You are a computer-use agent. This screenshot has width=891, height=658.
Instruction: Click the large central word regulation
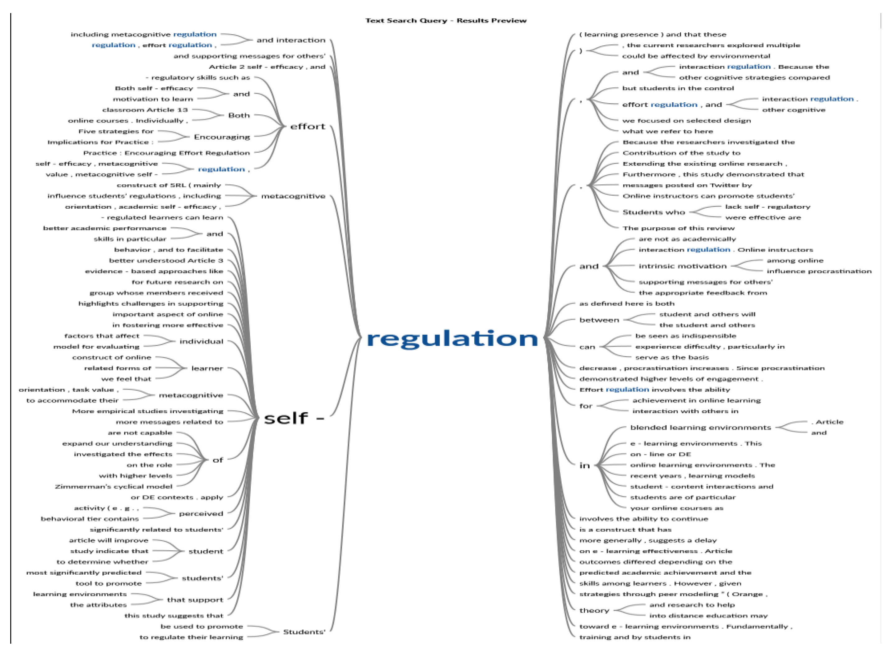tap(452, 339)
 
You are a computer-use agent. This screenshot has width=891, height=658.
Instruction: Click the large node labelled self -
tap(294, 418)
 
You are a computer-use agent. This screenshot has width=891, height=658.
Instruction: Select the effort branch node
tap(308, 127)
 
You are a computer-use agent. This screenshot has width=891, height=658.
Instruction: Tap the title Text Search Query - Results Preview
tap(446, 21)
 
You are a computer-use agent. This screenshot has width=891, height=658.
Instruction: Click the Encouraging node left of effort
tap(222, 137)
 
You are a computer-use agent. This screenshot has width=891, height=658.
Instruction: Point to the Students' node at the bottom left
tap(304, 632)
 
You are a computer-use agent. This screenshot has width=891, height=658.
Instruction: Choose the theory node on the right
tap(594, 611)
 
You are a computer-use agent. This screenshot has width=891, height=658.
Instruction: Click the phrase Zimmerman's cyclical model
tap(114, 487)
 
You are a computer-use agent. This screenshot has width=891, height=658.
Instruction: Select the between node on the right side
tap(599, 320)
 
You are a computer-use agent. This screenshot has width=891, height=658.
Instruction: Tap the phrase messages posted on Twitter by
tap(687, 185)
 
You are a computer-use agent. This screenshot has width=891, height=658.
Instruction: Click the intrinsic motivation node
tap(682, 266)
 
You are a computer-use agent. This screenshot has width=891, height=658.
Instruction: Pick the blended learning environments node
tap(700, 428)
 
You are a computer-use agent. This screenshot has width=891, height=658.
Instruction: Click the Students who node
tap(654, 212)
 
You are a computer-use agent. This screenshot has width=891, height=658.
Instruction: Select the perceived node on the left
tap(201, 514)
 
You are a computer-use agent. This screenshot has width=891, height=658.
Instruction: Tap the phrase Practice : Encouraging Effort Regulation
tap(166, 153)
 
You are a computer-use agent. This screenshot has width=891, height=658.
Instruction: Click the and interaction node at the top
tap(291, 40)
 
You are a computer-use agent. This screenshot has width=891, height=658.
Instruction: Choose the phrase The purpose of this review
tap(678, 228)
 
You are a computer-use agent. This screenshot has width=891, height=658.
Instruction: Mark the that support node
tap(195, 600)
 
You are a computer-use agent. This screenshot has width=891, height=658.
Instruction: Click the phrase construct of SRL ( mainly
tap(169, 185)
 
